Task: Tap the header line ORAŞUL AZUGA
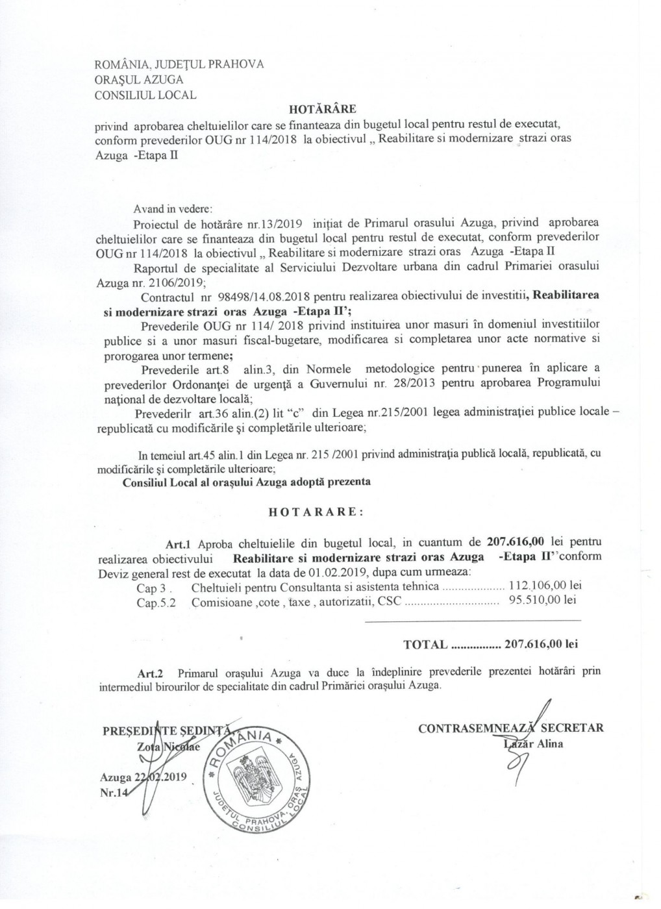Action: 139,80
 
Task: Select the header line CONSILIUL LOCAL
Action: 145,95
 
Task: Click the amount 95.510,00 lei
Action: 542,601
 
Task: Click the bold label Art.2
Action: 149,673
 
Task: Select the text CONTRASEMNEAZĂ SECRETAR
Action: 511,728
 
